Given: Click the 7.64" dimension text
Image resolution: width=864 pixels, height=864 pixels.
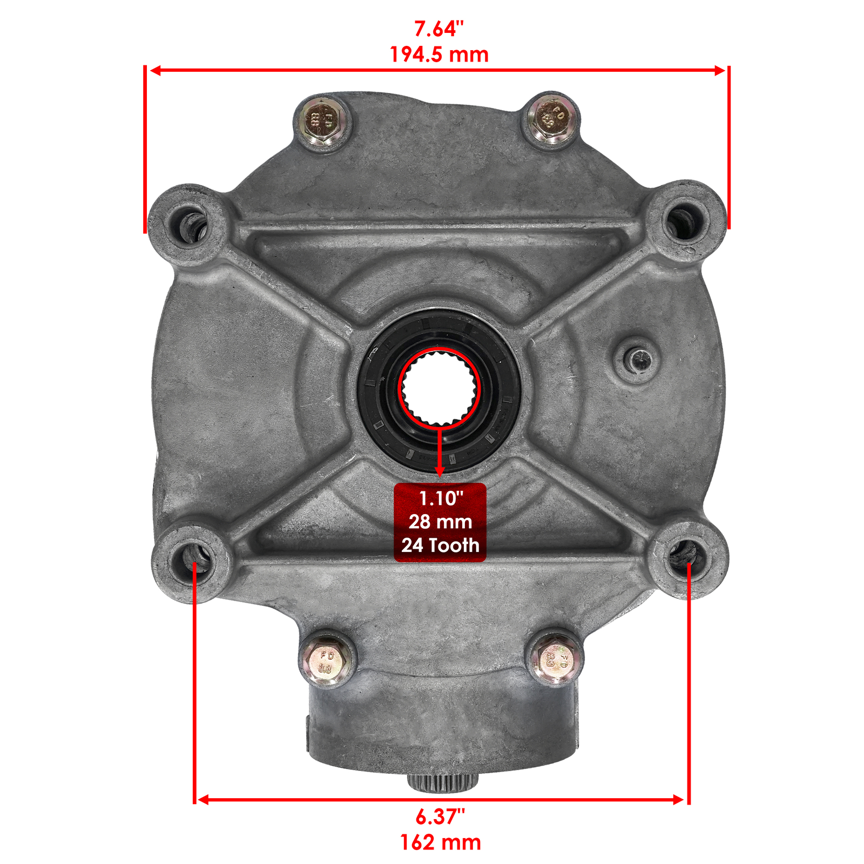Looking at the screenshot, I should click(438, 29).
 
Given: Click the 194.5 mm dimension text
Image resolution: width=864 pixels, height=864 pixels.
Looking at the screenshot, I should click(438, 55).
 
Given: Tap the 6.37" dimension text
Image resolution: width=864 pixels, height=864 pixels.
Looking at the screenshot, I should click(440, 816).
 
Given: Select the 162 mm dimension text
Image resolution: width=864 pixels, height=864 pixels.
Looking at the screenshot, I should click(440, 842).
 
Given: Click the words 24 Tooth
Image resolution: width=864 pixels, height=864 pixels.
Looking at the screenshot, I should click(440, 545).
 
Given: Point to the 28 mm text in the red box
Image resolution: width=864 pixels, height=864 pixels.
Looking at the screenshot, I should click(440, 522).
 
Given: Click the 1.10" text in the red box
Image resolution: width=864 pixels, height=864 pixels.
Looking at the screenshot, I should click(440, 498).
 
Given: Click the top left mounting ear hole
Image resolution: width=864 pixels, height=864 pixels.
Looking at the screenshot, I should click(187, 225).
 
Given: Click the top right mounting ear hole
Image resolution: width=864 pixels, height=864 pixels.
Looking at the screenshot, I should click(685, 221).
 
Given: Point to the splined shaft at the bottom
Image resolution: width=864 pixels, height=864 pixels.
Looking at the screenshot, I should click(443, 781).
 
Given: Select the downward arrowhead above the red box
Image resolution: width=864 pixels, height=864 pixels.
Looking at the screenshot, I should click(440, 471).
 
